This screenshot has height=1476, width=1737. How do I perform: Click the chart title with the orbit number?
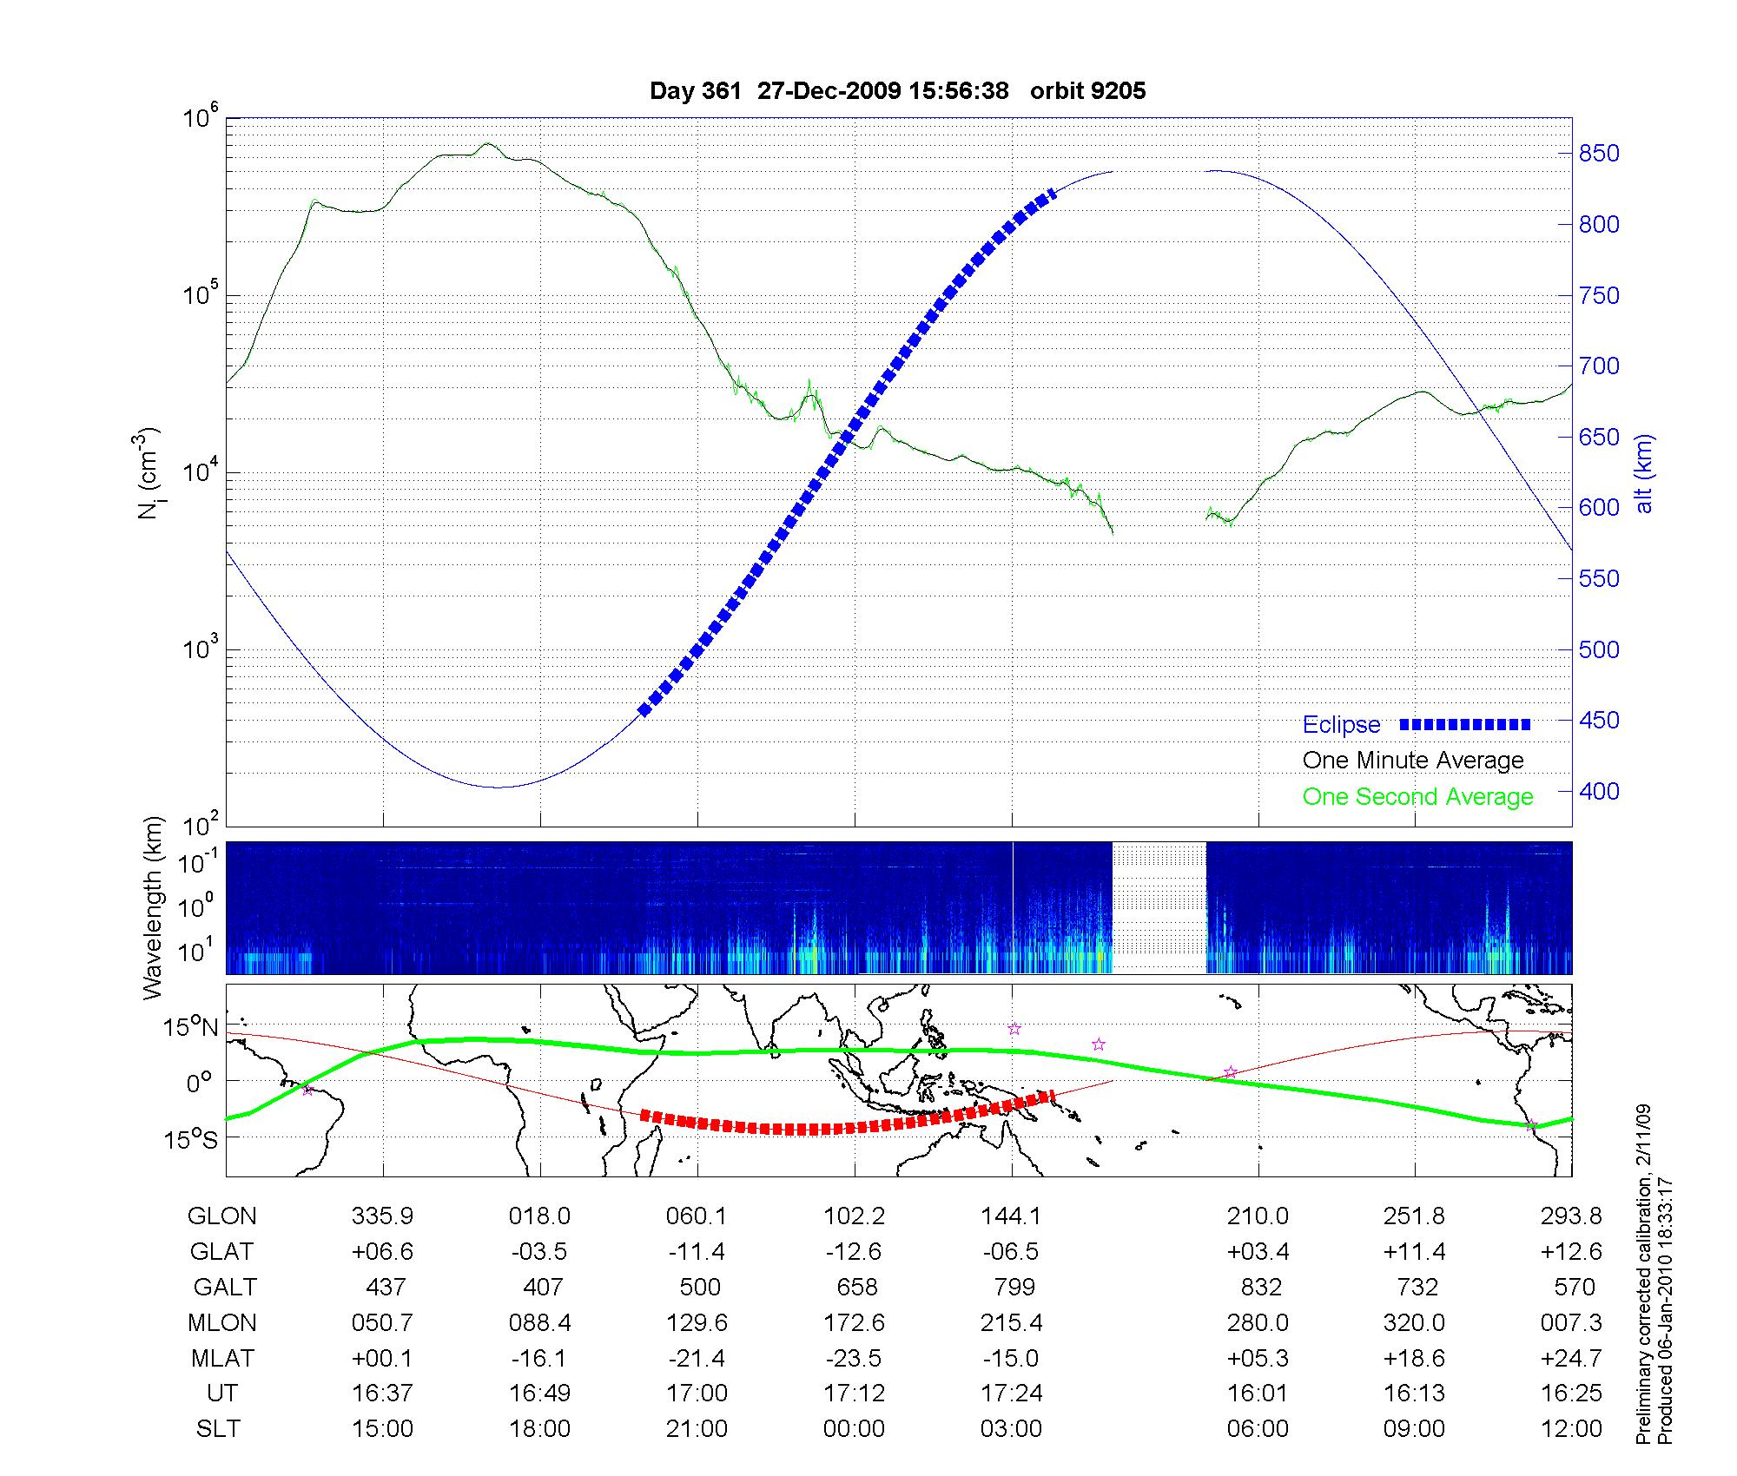tap(897, 91)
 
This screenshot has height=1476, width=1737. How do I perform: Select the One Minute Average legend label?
tap(1413, 761)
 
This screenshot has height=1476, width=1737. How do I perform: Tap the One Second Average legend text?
tap(1417, 797)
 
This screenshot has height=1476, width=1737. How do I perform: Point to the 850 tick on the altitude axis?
tap(1599, 154)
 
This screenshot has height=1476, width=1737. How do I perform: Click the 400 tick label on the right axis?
tap(1599, 791)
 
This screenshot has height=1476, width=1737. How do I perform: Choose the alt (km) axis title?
tap(1644, 473)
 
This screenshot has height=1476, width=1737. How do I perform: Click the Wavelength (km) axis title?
tap(154, 908)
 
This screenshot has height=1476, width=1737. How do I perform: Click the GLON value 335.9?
tap(382, 1216)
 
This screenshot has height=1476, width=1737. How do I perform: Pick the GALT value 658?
tap(856, 1287)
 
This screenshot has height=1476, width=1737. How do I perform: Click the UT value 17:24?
tap(1012, 1394)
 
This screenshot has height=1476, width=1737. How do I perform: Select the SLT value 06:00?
tap(1258, 1429)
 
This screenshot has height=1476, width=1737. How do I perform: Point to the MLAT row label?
tap(222, 1358)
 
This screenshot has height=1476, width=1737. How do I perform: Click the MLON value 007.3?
tap(1572, 1322)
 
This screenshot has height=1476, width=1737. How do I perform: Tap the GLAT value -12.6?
tap(854, 1252)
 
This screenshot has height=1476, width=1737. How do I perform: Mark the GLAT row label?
tap(222, 1252)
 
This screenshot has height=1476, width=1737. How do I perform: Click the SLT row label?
tap(218, 1429)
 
